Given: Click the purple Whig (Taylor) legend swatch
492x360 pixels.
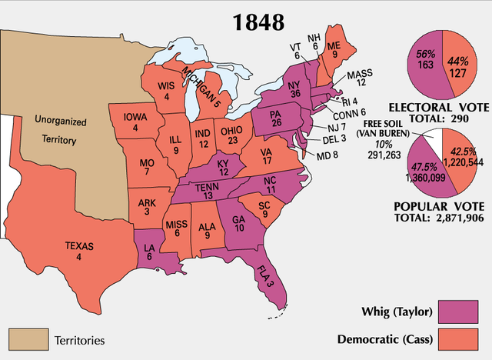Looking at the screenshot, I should [x=461, y=312].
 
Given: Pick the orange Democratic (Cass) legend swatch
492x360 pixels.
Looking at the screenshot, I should [x=461, y=338].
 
